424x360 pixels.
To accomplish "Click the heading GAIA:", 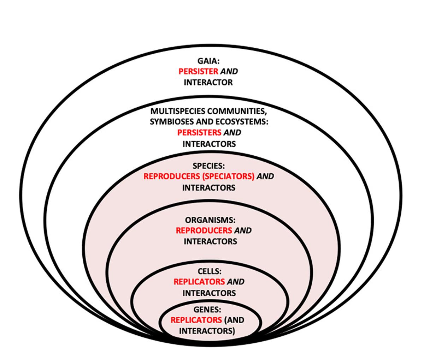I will (208, 61).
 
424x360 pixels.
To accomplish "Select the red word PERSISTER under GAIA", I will (198, 71).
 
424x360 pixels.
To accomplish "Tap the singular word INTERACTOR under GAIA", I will (208, 82).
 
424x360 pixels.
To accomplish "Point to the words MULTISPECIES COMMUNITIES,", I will (208, 111).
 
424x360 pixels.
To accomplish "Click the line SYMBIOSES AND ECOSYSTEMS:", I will (209, 122).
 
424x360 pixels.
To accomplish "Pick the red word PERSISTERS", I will (199, 133).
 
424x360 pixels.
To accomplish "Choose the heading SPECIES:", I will (208, 166).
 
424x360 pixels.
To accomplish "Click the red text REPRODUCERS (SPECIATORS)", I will (199, 176).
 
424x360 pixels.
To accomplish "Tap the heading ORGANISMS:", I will (210, 220).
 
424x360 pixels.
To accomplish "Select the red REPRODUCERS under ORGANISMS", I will (204, 230).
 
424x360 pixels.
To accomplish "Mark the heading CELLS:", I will (210, 271).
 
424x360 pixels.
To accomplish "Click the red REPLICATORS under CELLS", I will (199, 282).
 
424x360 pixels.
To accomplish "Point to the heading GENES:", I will (207, 310).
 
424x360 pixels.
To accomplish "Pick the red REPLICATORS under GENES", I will (196, 320).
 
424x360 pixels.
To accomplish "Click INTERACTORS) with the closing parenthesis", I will (207, 331).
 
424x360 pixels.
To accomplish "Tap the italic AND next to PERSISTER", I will (229, 71).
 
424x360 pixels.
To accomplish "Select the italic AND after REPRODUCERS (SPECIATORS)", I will (265, 176).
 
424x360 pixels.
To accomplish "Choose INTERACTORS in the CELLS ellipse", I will (209, 293).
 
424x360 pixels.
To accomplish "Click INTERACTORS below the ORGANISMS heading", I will (210, 241).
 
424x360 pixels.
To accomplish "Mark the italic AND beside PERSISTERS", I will (232, 133).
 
